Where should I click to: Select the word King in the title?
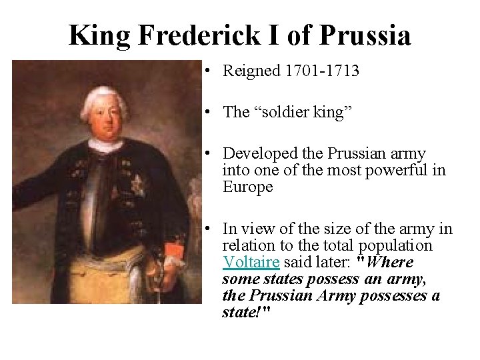click(x=99, y=35)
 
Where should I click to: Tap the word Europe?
click(x=247, y=187)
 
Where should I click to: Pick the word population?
click(x=396, y=246)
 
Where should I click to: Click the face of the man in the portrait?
click(x=107, y=120)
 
